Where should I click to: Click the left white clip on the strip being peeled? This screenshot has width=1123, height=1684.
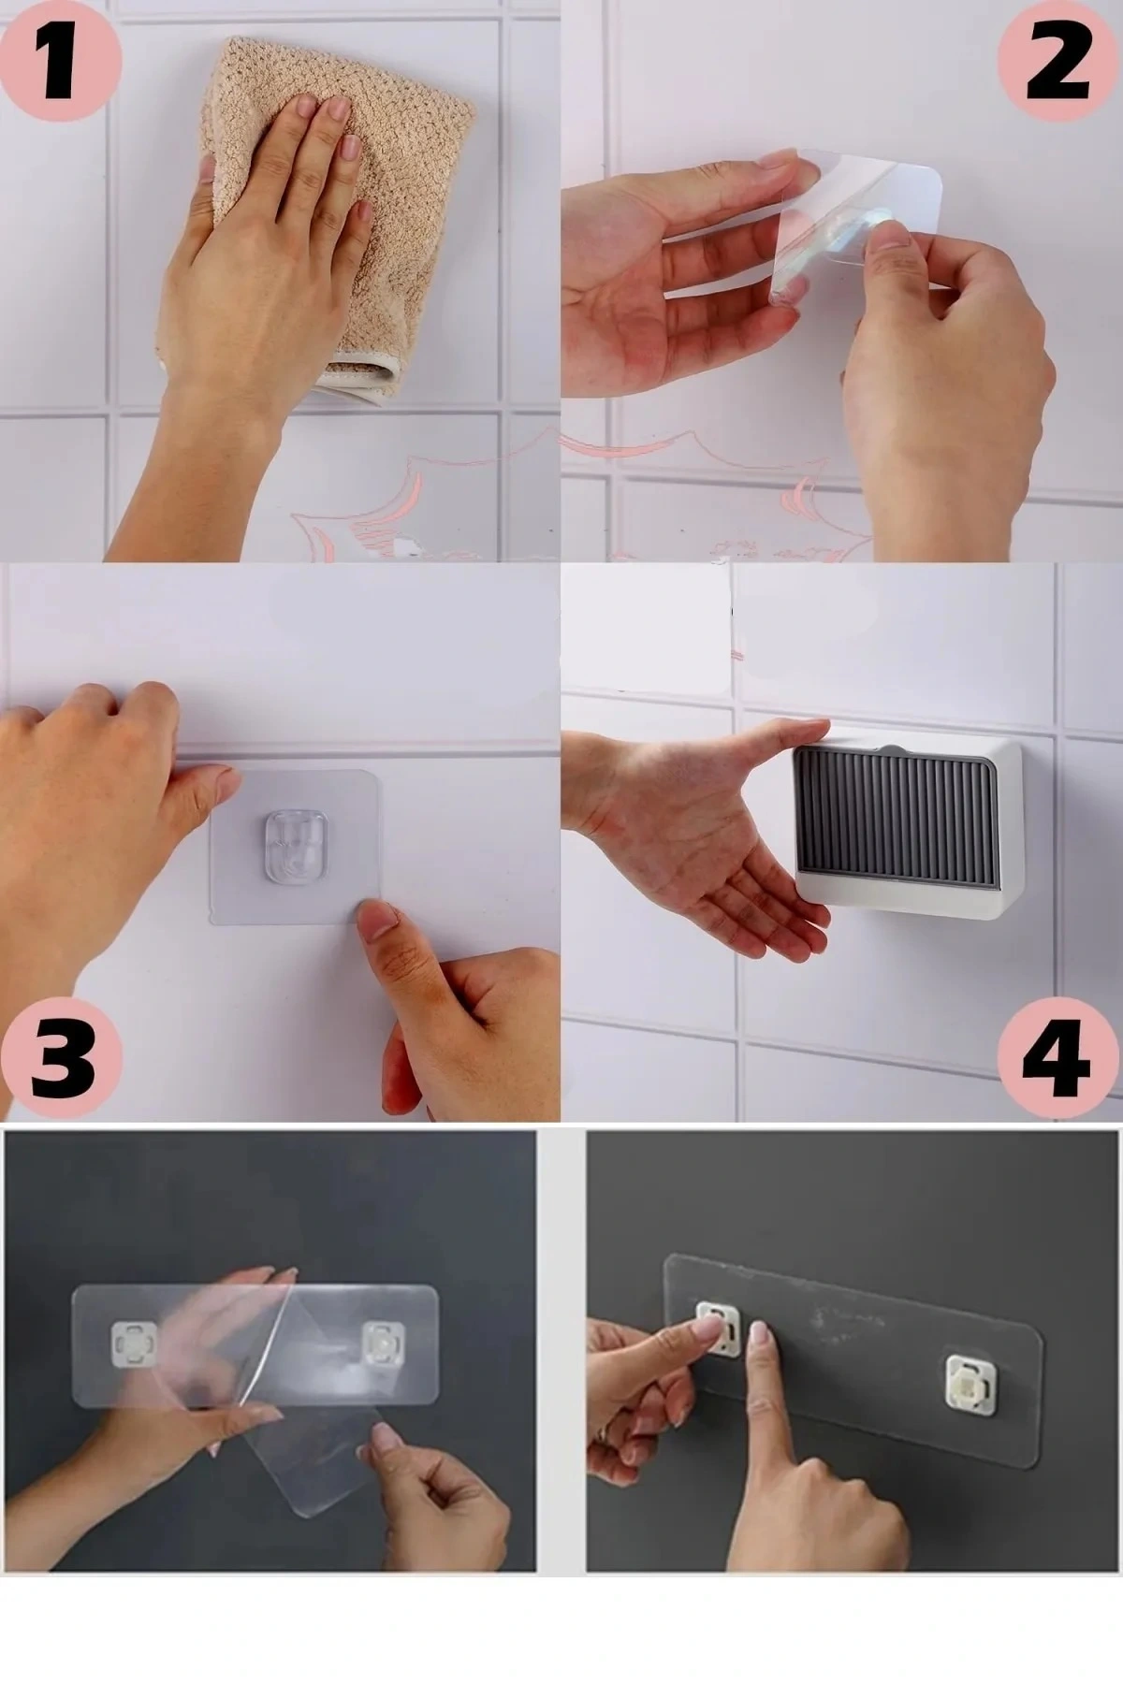pos(128,1343)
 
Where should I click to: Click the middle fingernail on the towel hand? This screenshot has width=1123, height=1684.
pos(338,109)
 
